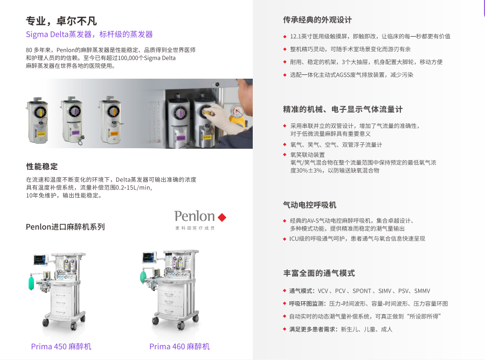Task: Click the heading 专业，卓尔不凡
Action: click(61, 21)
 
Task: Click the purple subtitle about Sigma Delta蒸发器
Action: click(89, 34)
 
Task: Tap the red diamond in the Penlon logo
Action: click(222, 217)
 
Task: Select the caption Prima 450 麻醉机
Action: click(61, 347)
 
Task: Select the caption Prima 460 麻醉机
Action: click(179, 347)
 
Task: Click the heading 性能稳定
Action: click(41, 167)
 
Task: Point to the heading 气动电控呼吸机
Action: click(310, 205)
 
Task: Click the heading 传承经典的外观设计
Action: click(317, 20)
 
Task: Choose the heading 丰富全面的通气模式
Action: click(319, 273)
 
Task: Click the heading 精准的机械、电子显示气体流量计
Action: click(343, 109)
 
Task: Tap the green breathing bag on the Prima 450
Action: click(31, 283)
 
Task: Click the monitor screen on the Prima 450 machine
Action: click(40, 260)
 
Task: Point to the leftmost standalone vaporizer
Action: click(38, 120)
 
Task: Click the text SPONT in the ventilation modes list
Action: click(362, 291)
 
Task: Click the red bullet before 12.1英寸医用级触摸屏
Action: click(285, 37)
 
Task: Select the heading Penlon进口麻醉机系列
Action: click(65, 227)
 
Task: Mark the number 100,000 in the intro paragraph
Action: click(127, 58)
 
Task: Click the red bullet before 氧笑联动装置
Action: click(285, 155)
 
